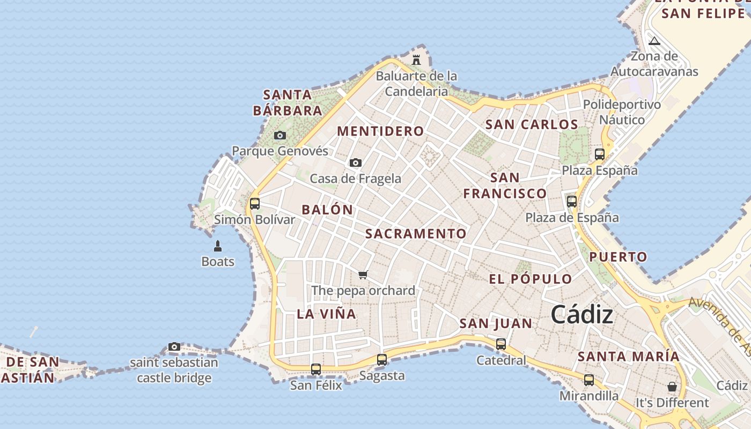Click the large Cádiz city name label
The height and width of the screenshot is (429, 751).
pyautogui.click(x=582, y=314)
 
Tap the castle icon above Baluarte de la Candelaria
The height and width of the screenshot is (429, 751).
pyautogui.click(x=416, y=59)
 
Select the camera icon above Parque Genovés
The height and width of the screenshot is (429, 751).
pyautogui.click(x=280, y=135)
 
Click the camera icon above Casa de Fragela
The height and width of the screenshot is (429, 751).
pyautogui.click(x=355, y=162)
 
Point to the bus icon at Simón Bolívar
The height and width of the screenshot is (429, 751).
pyautogui.click(x=255, y=204)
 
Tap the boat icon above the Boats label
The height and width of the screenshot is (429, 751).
pyautogui.click(x=218, y=246)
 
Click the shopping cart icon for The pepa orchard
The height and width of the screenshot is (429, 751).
pyautogui.click(x=363, y=275)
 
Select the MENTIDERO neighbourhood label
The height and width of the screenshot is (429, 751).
pyautogui.click(x=381, y=131)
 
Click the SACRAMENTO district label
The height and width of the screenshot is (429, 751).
pyautogui.click(x=416, y=234)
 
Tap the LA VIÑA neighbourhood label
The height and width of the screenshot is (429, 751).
pyautogui.click(x=327, y=314)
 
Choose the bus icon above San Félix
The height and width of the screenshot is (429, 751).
pyautogui.click(x=316, y=369)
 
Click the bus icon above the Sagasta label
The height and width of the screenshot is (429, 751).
pyautogui.click(x=382, y=359)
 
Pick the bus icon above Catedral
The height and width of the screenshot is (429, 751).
pyautogui.click(x=501, y=344)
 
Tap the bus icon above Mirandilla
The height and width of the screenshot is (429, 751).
pyautogui.click(x=589, y=380)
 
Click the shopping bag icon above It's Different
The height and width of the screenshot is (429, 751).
pyautogui.click(x=672, y=386)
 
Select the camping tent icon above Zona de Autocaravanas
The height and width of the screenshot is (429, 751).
pyautogui.click(x=654, y=41)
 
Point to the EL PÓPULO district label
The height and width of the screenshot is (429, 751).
pyautogui.click(x=531, y=279)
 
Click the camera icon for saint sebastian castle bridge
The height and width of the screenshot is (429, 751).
pyautogui.click(x=174, y=347)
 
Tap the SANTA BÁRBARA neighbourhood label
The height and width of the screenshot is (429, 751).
pyautogui.click(x=288, y=103)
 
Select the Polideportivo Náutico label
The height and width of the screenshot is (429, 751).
pyautogui.click(x=622, y=112)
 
